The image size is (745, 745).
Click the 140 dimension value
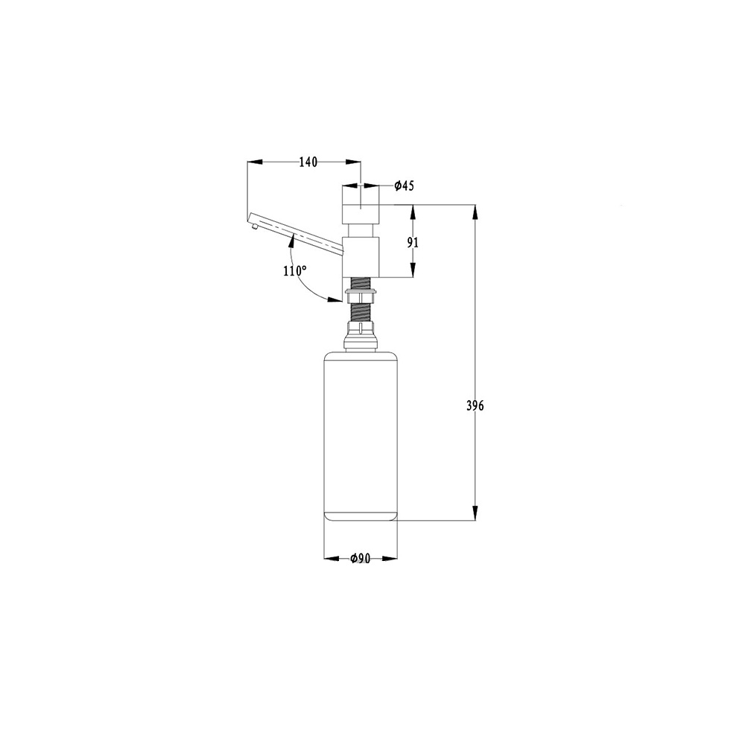point(308,162)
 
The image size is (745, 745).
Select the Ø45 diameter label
point(405,186)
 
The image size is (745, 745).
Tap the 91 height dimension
point(413,242)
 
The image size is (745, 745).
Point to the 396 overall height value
point(475,406)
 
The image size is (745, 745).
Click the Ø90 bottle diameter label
point(360,558)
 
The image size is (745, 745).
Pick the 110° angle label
point(294,271)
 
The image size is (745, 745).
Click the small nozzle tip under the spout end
point(255,226)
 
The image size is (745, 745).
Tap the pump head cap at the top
point(361,205)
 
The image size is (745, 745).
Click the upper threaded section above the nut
point(361,282)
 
